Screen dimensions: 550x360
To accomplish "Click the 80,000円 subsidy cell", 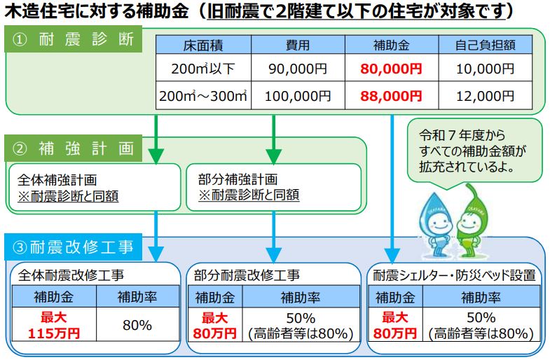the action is coord(391,69).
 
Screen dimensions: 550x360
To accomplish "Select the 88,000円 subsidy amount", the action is coord(391,96).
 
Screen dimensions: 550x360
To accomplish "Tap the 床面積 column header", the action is coord(203,46).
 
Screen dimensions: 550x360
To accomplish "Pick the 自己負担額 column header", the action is coord(485,46).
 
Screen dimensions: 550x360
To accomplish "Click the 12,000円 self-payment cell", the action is coord(485,96).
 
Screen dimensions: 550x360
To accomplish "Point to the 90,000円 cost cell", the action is coord(298,69).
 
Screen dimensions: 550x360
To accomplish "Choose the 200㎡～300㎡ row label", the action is coord(203,96).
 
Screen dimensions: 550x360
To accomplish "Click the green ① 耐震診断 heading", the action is coord(74,39).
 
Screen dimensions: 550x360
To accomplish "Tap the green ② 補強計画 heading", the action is coord(74,148).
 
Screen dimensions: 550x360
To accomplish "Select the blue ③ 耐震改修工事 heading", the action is coord(74,247).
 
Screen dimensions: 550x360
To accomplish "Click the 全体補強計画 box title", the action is coord(57,180).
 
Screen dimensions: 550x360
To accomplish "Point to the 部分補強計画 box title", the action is coord(238,179).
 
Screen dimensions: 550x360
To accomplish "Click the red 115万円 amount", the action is coord(54,333).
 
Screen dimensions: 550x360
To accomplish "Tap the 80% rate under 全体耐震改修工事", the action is coord(137,325).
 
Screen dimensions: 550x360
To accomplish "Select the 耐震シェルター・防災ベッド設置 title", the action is coord(454,275).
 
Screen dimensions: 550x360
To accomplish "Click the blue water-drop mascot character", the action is coord(434,224).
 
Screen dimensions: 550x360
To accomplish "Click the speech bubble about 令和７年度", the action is coord(474,151).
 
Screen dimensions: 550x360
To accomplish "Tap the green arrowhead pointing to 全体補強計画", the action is coord(156,156).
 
